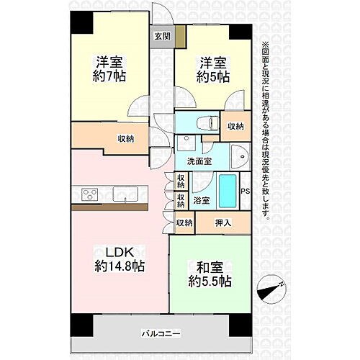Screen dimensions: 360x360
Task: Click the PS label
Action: [246, 191]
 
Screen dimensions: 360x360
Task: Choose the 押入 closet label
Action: [223, 222]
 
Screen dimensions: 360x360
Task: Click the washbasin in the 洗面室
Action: [239, 153]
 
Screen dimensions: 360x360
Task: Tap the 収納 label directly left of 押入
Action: [184, 222]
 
